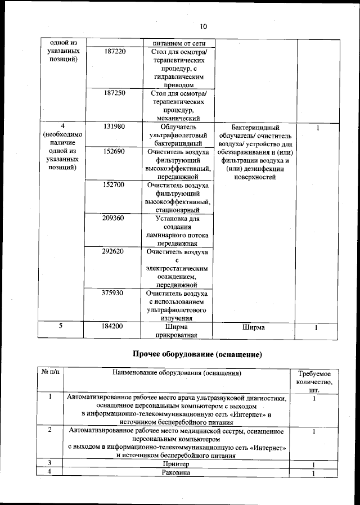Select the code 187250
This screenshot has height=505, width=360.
(115, 93)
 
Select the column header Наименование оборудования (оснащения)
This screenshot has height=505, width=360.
(177, 373)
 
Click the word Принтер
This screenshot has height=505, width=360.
(176, 464)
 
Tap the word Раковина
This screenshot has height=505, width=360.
(176, 473)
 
